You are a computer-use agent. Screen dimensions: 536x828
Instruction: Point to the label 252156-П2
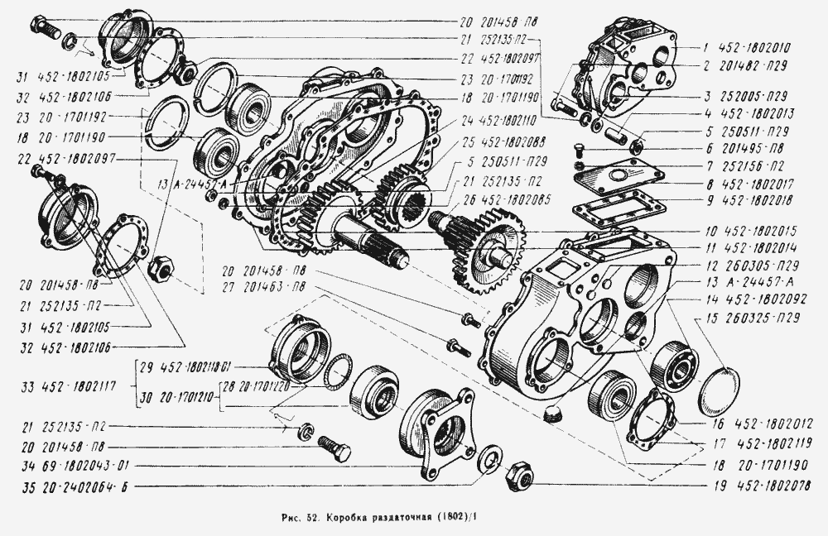(x=750, y=168)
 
